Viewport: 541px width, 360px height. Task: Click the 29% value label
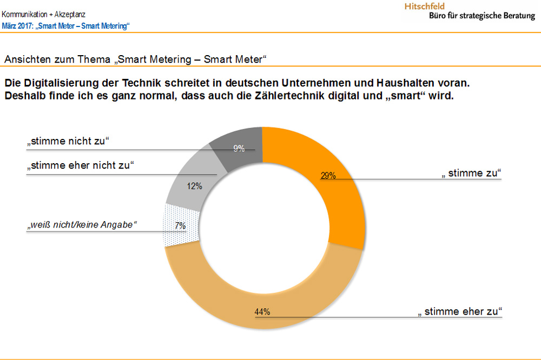point(328,175)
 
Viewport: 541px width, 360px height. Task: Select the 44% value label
point(262,311)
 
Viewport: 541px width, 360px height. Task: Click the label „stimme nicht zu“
point(69,142)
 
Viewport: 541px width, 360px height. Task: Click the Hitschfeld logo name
point(425,6)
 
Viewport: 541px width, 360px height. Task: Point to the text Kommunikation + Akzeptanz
point(43,15)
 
